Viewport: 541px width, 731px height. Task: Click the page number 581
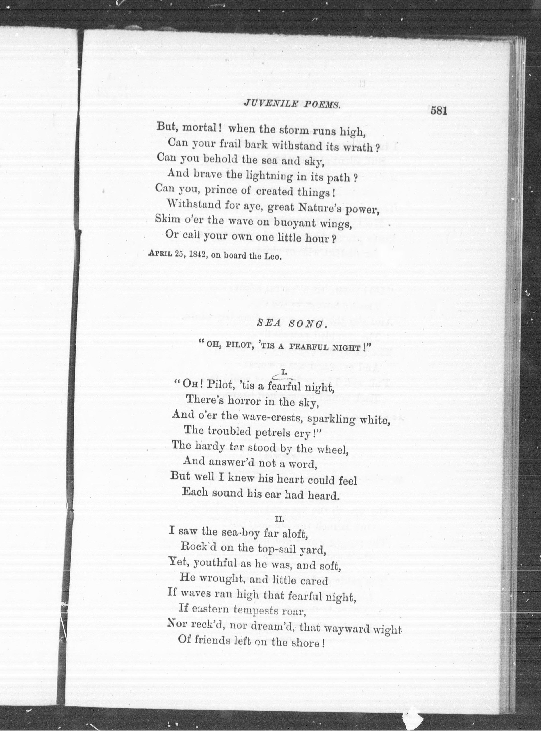click(x=439, y=111)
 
